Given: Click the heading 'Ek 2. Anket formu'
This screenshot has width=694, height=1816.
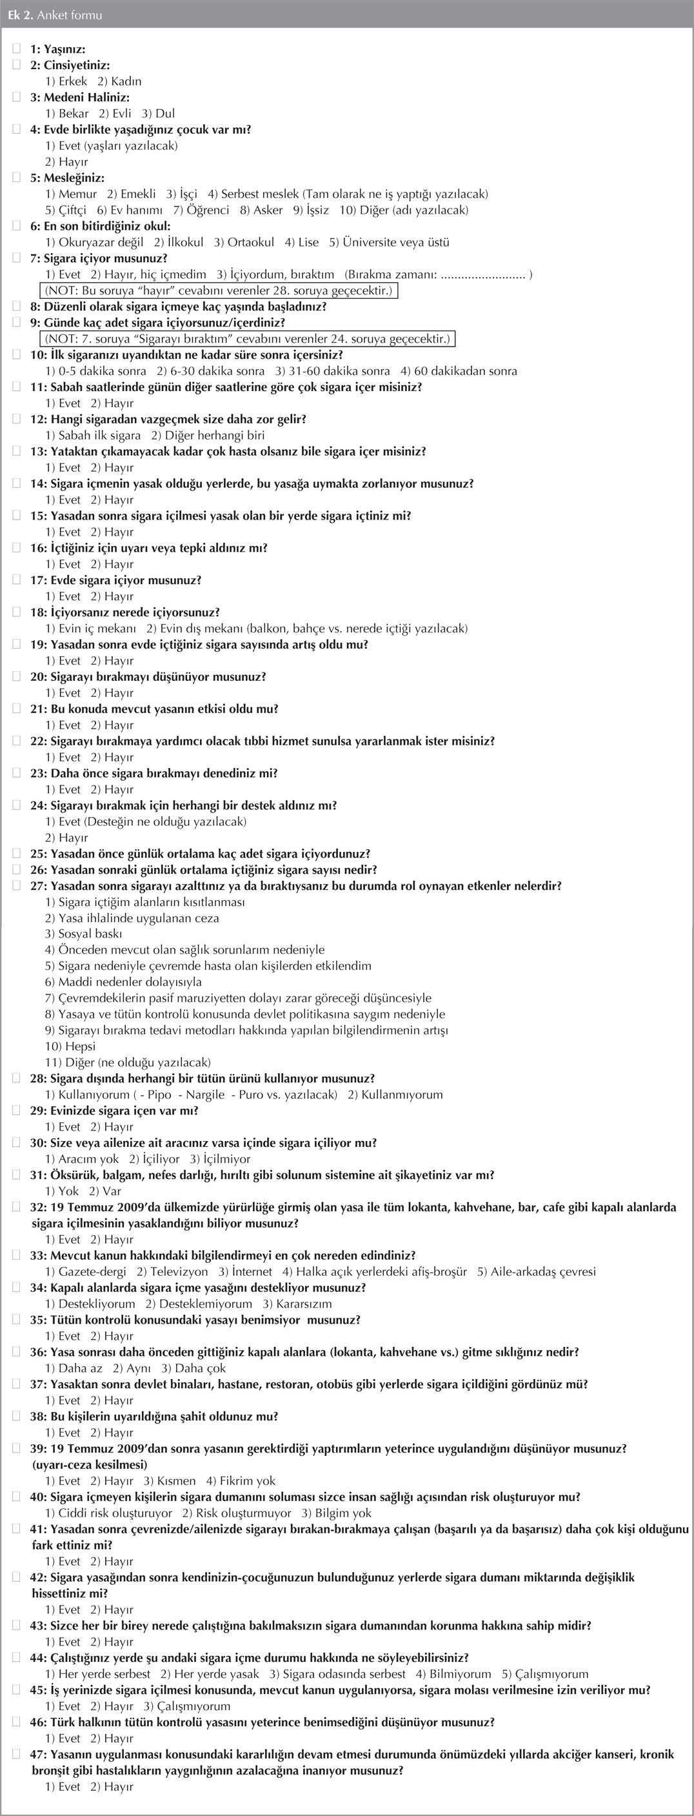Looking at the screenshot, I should [x=54, y=15].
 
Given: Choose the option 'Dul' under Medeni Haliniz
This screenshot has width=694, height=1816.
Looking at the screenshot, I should [x=159, y=114].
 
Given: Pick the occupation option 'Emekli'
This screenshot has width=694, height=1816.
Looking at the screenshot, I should [x=131, y=194].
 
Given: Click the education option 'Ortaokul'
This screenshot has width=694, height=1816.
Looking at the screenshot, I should [x=244, y=243].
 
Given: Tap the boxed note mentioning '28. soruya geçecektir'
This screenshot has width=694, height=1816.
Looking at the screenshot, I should [x=219, y=290].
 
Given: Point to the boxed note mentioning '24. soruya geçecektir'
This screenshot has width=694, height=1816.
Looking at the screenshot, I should [x=246, y=339].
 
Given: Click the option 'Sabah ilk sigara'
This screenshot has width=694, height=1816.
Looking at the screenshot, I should [x=93, y=436].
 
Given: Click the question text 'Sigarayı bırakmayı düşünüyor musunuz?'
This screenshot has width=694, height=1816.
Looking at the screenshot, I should [x=158, y=677].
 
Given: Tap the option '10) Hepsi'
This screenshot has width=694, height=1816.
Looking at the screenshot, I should [x=70, y=1047].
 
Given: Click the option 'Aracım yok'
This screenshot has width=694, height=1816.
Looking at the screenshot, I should [x=82, y=1159].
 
